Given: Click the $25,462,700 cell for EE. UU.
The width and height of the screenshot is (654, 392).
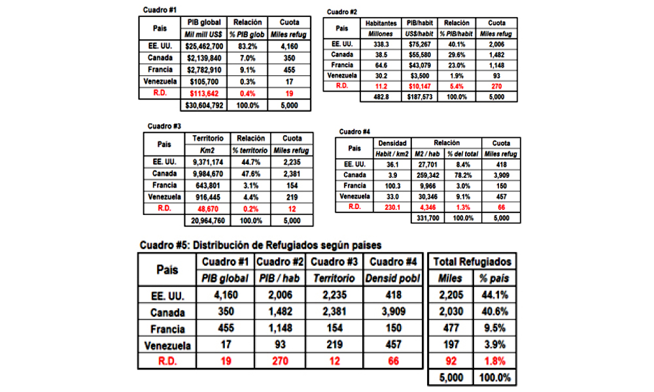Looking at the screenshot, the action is [x=204, y=46].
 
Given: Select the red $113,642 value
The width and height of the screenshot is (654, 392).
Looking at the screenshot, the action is [x=204, y=93].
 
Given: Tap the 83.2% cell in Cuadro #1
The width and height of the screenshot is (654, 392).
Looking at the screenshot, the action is [x=247, y=46].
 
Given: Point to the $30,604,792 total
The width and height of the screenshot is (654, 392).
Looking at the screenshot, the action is [x=204, y=106].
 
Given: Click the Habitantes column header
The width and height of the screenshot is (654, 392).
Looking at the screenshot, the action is [x=381, y=24].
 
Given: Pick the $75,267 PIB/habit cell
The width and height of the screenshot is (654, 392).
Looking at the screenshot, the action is [x=420, y=44].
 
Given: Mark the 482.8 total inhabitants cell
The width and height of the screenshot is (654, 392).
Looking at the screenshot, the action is [x=381, y=97].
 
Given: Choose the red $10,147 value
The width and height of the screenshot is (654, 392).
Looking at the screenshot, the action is [x=420, y=87].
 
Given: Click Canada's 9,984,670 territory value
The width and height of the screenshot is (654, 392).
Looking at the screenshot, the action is [x=208, y=174].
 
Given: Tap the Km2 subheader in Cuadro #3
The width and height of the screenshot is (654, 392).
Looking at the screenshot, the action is [x=207, y=150].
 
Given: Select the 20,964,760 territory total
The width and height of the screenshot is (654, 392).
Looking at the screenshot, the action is [x=208, y=221].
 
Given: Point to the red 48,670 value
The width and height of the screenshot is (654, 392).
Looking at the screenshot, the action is [x=208, y=209].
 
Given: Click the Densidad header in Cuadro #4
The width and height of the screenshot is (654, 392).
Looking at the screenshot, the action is [x=392, y=143].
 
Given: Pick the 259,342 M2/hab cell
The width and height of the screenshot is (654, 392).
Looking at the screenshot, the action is [x=428, y=175].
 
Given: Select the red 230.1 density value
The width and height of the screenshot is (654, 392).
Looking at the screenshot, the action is [x=392, y=208].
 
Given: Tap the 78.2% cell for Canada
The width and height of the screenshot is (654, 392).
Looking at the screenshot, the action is [x=463, y=175].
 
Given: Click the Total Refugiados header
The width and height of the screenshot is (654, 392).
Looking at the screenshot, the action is [x=472, y=261].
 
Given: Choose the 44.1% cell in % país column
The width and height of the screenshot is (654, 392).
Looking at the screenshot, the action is [x=494, y=295].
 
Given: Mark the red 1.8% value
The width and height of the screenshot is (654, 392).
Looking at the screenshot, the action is [x=494, y=361].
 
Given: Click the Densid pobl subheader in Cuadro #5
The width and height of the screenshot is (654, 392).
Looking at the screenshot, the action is [x=393, y=278].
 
